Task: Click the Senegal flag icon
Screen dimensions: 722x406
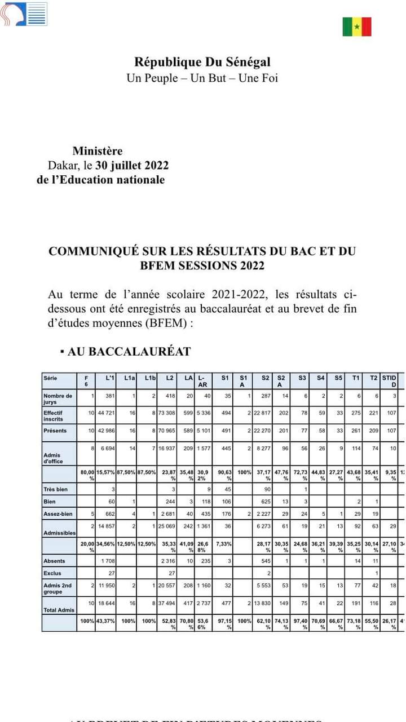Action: click(357, 26)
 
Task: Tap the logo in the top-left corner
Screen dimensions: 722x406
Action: click(23, 14)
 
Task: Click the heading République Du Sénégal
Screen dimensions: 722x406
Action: click(202, 62)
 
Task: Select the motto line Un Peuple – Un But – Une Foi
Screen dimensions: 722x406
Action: click(202, 78)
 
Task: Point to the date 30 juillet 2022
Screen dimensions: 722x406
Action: click(132, 165)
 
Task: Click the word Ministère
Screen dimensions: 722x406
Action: click(97, 151)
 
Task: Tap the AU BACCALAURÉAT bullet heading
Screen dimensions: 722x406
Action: click(129, 352)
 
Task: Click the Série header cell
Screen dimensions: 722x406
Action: click(51, 378)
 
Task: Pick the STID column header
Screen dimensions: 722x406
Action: click(390, 380)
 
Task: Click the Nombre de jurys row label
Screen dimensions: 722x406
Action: click(58, 398)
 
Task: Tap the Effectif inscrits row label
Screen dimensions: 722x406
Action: click(55, 415)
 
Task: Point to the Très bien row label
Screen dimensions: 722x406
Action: click(55, 489)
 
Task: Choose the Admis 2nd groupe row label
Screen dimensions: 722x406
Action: click(58, 588)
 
